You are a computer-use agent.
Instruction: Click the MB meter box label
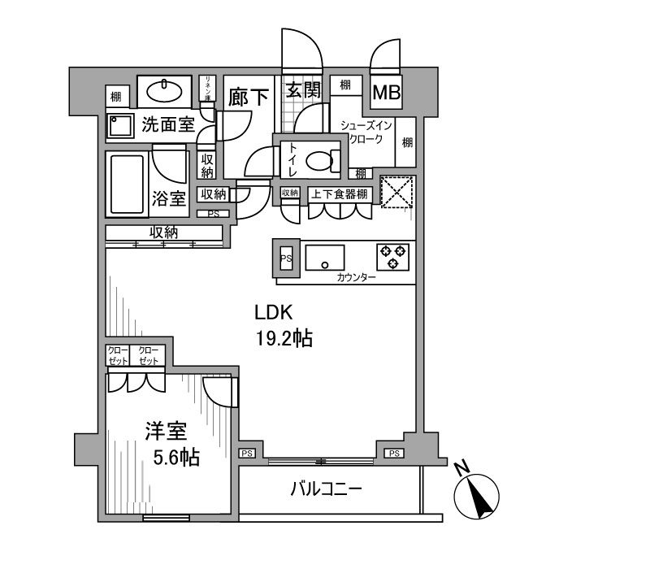[386, 93]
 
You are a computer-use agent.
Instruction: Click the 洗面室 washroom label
[168, 124]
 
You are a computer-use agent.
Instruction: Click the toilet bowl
[323, 160]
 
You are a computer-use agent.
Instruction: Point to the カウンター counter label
[356, 278]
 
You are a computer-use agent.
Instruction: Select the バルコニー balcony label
[326, 489]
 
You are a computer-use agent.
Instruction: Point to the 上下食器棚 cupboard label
[340, 193]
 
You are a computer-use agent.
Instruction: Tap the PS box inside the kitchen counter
[286, 258]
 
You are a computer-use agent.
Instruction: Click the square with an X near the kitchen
[397, 193]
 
